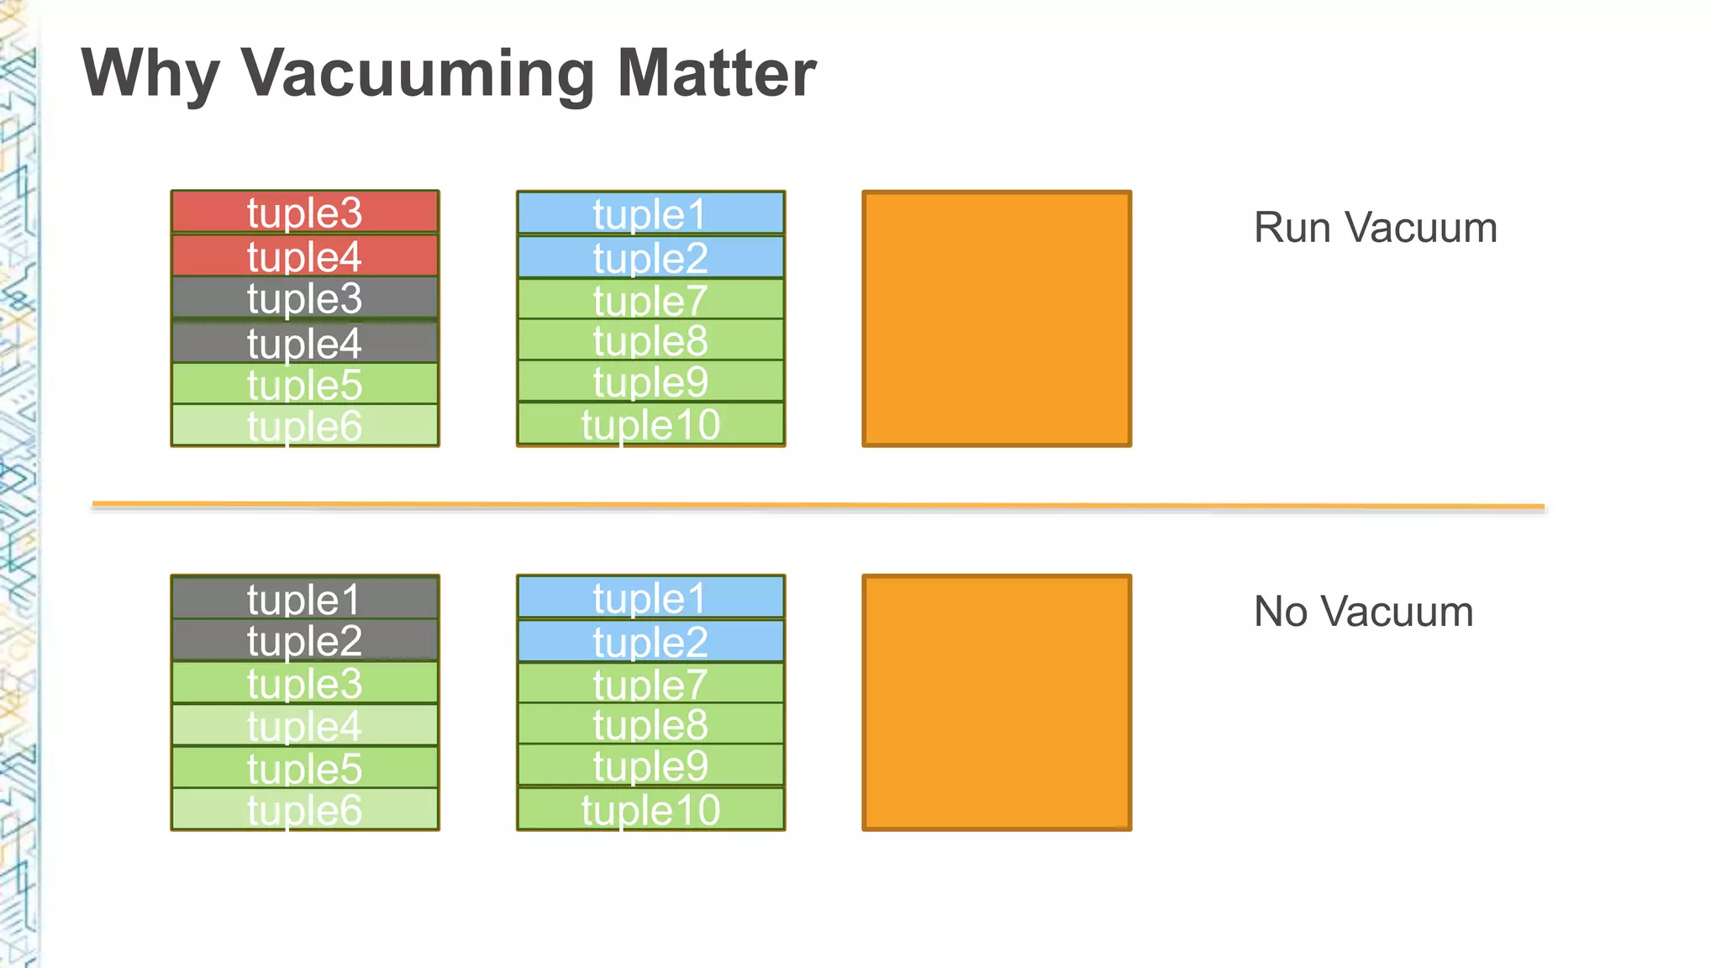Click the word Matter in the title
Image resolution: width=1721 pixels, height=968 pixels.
(716, 74)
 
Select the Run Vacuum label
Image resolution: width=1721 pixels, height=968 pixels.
(1375, 228)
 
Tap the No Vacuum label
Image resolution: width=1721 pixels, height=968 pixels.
(1363, 612)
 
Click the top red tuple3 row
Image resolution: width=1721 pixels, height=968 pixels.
(304, 212)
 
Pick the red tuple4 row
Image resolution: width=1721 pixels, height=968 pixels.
(304, 256)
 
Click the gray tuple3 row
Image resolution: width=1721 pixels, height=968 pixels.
(304, 298)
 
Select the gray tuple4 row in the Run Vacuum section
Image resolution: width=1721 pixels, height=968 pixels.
(304, 343)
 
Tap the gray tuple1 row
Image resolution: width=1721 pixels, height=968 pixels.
(304, 598)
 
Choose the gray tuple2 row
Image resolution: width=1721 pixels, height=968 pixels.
(304, 640)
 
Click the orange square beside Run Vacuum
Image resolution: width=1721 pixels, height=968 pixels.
(997, 318)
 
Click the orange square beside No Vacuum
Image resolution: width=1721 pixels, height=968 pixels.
(997, 702)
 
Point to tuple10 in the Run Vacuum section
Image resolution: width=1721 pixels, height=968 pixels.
(650, 424)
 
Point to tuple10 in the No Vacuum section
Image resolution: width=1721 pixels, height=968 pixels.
(650, 809)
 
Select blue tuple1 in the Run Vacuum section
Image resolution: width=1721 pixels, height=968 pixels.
(650, 213)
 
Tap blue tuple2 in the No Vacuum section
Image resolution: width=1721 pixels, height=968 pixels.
(650, 642)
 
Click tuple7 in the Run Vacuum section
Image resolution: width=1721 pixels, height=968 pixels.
(650, 300)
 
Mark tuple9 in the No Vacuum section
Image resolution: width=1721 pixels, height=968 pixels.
(650, 765)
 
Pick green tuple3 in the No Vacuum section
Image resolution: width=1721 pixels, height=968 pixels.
(304, 683)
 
